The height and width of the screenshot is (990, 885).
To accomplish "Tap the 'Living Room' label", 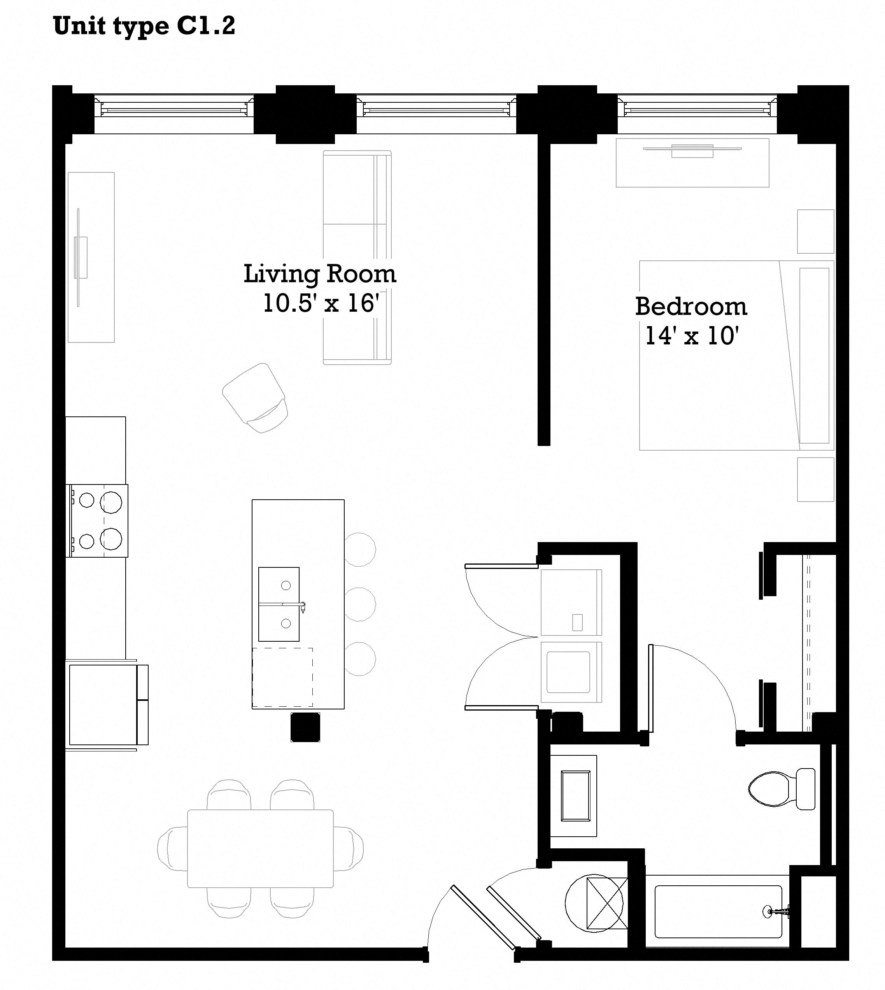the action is click(x=320, y=274).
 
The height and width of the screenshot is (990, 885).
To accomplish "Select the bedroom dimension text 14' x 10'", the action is click(x=692, y=336).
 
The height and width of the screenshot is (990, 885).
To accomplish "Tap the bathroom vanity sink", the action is click(x=576, y=795).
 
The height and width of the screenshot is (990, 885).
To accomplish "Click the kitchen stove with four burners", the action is click(x=97, y=521).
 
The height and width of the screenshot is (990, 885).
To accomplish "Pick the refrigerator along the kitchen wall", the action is click(x=107, y=705).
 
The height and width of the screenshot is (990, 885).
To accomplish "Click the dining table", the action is click(x=260, y=848).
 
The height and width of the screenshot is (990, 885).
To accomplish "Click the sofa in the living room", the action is click(x=358, y=257).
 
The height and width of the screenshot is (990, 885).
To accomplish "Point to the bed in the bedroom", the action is click(x=736, y=355).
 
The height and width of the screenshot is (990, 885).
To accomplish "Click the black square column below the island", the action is click(x=305, y=727).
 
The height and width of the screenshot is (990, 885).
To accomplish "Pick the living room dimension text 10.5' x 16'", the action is click(x=321, y=303).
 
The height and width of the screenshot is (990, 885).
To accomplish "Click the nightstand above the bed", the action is click(x=815, y=232).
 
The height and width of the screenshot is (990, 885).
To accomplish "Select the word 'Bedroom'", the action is click(x=691, y=307).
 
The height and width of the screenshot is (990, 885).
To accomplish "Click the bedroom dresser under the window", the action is click(x=692, y=163).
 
